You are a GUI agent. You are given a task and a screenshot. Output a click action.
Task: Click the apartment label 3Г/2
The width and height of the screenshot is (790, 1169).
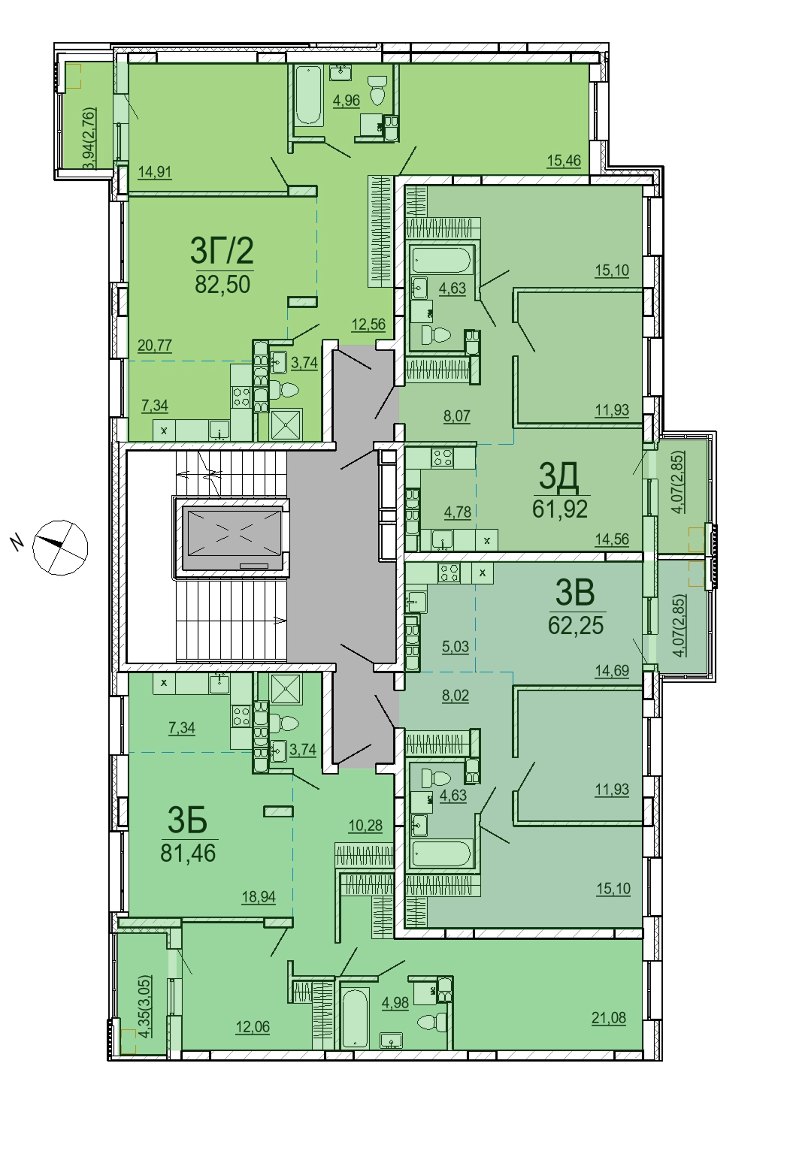[222, 251]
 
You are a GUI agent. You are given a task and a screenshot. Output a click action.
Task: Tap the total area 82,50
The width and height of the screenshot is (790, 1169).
[223, 285]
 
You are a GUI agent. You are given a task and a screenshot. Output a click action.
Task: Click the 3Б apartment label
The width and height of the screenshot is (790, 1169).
[187, 820]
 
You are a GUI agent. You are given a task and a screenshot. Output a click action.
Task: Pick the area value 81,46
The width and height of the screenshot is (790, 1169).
[188, 853]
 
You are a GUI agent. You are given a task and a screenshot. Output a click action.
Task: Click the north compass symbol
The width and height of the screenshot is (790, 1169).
[59, 548]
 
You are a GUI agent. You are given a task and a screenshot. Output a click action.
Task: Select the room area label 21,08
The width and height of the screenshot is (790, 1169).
[608, 1018]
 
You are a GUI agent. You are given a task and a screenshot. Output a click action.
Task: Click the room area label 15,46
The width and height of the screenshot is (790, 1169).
[564, 160]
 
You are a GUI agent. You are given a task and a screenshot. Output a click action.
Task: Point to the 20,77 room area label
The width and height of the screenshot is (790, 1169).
[155, 346]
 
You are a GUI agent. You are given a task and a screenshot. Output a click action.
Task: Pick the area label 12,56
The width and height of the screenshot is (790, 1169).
[368, 324]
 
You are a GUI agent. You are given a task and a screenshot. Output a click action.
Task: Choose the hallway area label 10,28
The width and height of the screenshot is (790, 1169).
[365, 826]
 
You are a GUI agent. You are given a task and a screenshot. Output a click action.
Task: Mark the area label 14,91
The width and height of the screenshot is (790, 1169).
[155, 172]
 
